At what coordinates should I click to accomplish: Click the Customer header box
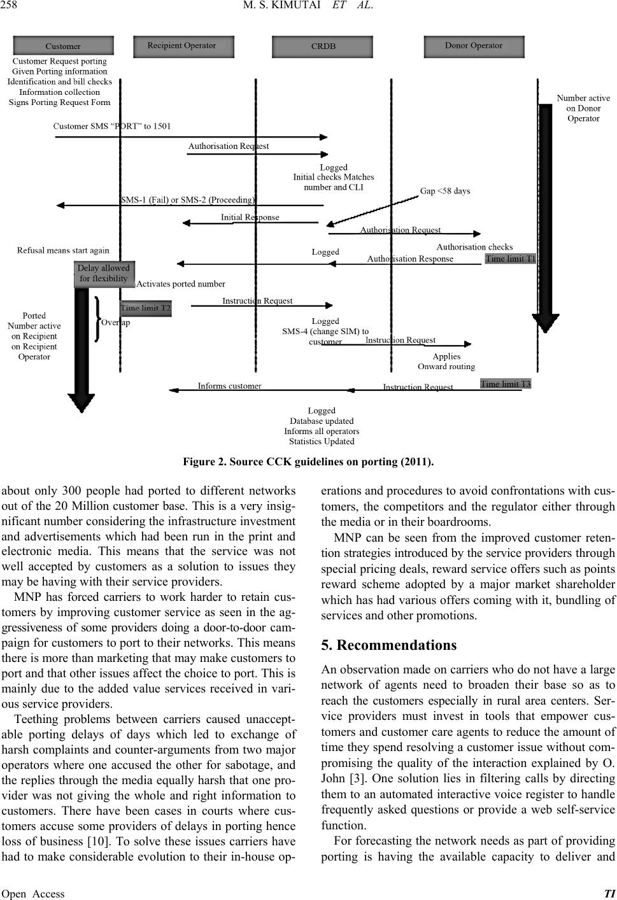pos(63,46)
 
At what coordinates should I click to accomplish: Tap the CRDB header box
pos(323,46)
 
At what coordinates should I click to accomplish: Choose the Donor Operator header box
pos(474,46)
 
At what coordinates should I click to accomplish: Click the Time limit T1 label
pos(511,259)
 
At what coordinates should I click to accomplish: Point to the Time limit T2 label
pos(146,308)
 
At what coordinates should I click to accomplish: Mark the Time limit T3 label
pos(506,384)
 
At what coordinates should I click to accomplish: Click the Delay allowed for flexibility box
pos(104,273)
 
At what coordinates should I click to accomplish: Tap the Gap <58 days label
pos(445,191)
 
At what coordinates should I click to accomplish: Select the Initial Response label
pos(250,217)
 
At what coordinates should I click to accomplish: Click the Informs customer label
pos(229,386)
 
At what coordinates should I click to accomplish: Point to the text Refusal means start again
pos(63,250)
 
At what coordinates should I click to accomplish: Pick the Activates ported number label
pos(181,284)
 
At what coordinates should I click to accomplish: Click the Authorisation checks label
pos(474,246)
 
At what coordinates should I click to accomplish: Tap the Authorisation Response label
pos(410,258)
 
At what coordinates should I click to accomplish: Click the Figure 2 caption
pos(308,461)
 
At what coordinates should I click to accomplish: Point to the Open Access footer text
pos(33,894)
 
